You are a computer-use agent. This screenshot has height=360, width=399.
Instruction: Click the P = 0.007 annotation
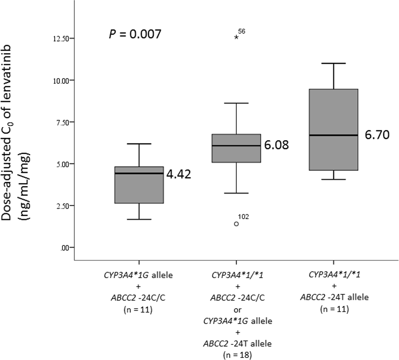(x=135, y=34)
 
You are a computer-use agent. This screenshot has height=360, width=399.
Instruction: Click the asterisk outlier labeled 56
(x=236, y=37)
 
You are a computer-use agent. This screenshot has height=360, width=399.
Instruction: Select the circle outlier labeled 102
(x=236, y=224)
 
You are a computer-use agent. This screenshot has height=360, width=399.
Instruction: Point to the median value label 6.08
(x=276, y=145)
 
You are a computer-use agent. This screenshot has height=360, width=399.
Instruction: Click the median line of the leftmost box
(x=139, y=173)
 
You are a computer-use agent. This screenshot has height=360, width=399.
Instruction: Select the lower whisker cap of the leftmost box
(x=139, y=219)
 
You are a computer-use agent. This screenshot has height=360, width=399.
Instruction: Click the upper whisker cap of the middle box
(x=236, y=103)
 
